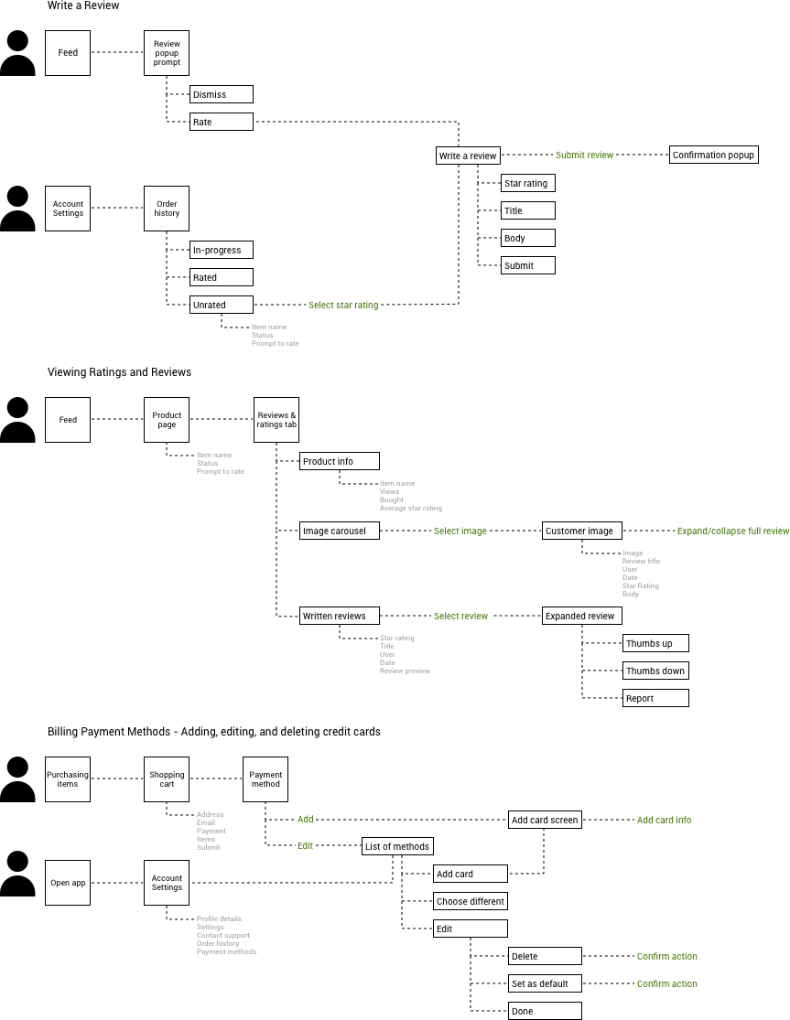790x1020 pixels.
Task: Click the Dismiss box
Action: coord(221,94)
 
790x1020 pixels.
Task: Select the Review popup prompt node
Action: coord(167,53)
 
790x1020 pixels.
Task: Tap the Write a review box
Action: coord(468,156)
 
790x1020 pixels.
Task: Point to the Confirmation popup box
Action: coord(713,155)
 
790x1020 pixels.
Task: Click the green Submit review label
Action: coord(584,156)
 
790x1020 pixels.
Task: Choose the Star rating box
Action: coord(528,183)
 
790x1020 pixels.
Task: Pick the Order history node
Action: coord(167,209)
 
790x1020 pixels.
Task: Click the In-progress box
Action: coord(221,250)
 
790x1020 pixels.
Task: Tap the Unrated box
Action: coord(221,305)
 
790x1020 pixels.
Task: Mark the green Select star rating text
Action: coord(342,306)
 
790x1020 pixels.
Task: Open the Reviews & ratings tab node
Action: coord(276,420)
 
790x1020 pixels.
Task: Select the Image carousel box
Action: coord(339,531)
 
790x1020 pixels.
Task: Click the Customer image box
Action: coord(582,531)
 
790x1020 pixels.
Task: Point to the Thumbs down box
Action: coord(655,671)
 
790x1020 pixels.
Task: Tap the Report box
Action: coord(655,698)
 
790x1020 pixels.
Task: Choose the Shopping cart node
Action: coord(167,779)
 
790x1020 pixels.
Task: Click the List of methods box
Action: coord(397,846)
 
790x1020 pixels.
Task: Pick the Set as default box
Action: coord(545,983)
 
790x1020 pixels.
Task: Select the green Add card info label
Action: coord(664,821)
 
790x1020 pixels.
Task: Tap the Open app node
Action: coord(68,883)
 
